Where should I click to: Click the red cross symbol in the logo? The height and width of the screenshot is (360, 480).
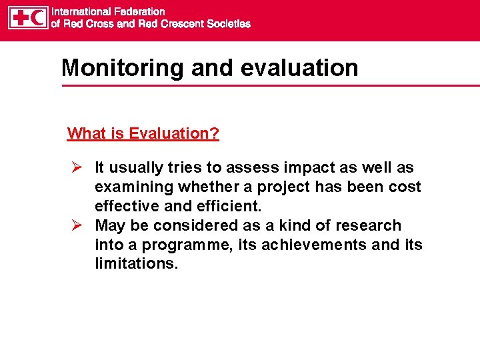[x=19, y=17]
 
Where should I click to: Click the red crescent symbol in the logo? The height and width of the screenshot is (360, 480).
[x=38, y=17]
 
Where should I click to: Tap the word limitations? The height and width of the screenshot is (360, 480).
[x=136, y=263]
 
